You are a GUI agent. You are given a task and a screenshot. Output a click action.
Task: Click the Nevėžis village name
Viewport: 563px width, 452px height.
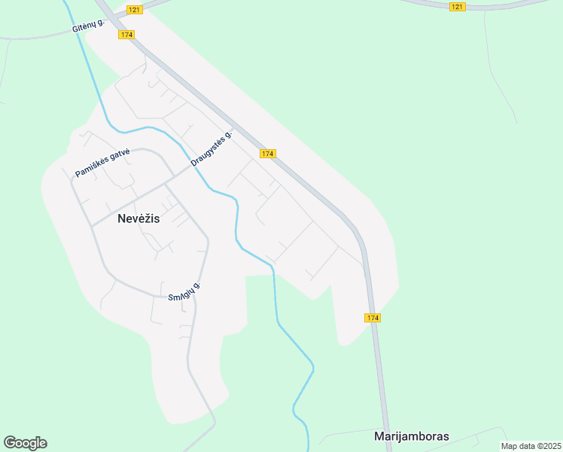click(x=139, y=219)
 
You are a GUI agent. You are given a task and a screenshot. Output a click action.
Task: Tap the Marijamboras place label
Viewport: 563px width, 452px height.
click(x=411, y=436)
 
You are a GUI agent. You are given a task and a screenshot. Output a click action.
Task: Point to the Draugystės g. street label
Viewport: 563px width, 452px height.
click(x=212, y=147)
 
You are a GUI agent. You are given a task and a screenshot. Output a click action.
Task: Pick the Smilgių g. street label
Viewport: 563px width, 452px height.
click(x=184, y=292)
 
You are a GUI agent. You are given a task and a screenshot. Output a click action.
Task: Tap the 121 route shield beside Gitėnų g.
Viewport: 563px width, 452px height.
click(x=134, y=9)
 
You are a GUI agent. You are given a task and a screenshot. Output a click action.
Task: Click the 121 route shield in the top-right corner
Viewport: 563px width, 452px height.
click(x=458, y=7)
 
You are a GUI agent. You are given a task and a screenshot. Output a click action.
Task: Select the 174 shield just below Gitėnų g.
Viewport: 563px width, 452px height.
click(x=126, y=35)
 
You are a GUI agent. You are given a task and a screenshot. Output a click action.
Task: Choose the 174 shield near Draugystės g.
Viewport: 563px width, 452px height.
click(x=267, y=153)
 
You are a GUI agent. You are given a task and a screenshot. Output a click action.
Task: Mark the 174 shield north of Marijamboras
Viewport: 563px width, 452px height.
click(x=373, y=318)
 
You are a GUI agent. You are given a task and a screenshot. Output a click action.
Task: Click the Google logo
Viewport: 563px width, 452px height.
click(x=25, y=443)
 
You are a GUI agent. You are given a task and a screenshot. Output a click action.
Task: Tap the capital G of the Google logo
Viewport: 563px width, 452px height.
click(x=9, y=442)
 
